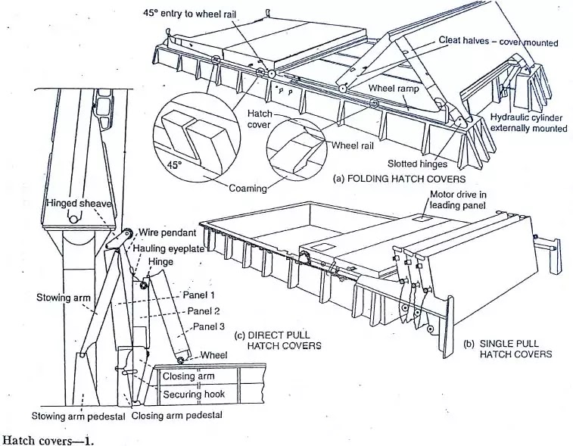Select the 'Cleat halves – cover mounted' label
(499, 42)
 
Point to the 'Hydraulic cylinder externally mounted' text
(528, 123)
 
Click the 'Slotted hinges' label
(416, 164)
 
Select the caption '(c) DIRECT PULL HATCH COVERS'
(279, 341)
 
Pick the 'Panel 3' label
(208, 326)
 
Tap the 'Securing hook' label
(193, 395)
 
